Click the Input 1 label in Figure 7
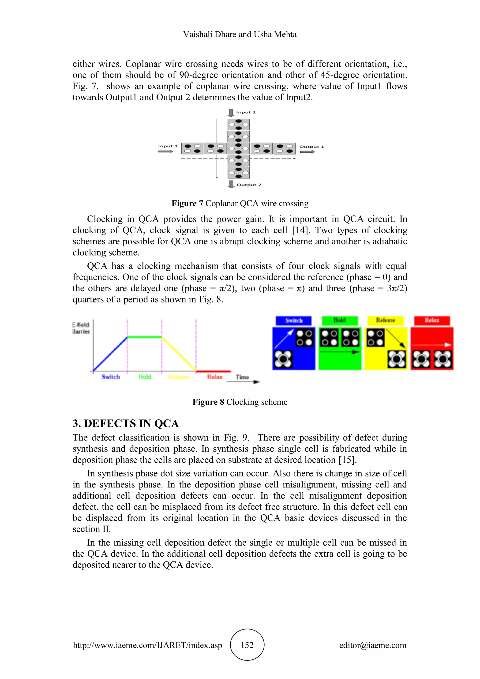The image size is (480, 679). click(168, 146)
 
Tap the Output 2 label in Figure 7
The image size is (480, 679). click(249, 185)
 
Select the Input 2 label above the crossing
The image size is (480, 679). click(246, 112)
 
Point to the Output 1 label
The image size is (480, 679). click(311, 147)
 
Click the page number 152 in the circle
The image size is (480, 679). click(247, 645)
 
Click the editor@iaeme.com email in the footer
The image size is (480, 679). click(373, 645)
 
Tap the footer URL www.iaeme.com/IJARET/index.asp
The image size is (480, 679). click(147, 645)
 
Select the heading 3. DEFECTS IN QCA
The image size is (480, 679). click(126, 423)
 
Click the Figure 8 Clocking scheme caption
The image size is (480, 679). click(240, 402)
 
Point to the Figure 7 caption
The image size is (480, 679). click(240, 204)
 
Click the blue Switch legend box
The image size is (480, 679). click(293, 321)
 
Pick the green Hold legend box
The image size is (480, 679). click(340, 320)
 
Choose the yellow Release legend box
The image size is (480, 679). click(385, 320)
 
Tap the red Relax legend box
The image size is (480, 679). click(432, 320)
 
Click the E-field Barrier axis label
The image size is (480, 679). click(81, 328)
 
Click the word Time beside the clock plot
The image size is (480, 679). click(242, 377)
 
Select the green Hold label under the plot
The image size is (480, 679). click(145, 377)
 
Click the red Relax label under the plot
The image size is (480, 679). click(215, 377)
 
